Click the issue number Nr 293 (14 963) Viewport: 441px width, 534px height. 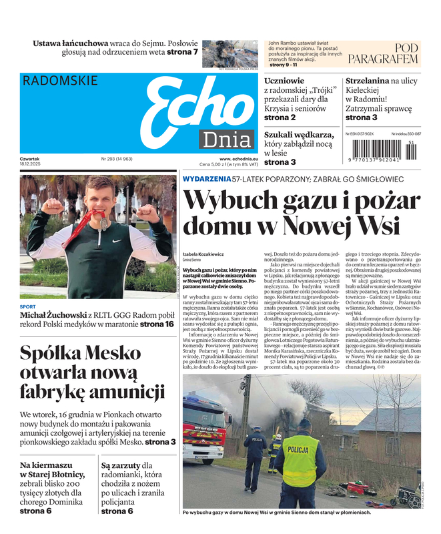(x=117, y=159)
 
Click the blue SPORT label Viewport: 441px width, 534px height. (x=28, y=307)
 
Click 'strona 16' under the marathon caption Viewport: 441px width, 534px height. (x=157, y=324)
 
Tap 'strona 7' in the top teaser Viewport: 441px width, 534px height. (x=182, y=51)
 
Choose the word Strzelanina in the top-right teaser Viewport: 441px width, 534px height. (x=367, y=81)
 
